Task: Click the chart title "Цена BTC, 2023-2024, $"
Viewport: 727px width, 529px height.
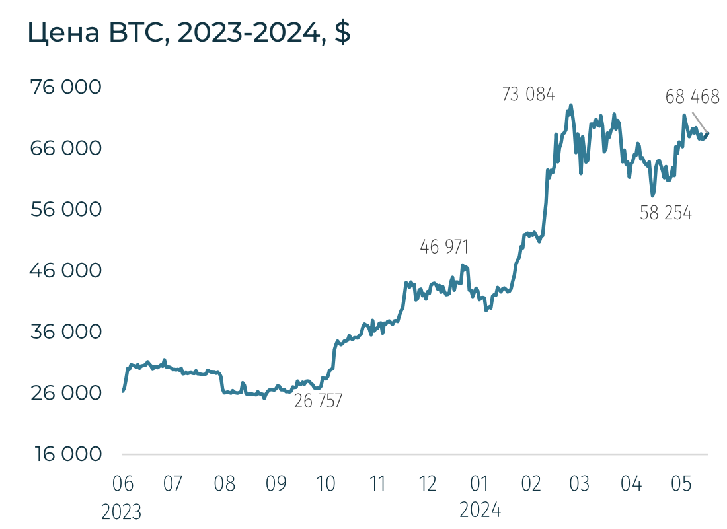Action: tap(189, 33)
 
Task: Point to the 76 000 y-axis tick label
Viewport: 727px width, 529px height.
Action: tap(66, 87)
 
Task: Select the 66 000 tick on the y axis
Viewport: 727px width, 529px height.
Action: tap(66, 148)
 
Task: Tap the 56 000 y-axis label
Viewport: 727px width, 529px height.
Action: tap(66, 209)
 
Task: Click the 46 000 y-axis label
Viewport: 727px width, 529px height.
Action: tap(66, 270)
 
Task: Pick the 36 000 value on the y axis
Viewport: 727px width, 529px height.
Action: tap(66, 332)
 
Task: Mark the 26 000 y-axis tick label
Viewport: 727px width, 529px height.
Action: tap(66, 393)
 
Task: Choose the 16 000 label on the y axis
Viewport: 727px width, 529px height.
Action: tap(66, 454)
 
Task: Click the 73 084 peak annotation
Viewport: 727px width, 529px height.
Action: tap(529, 94)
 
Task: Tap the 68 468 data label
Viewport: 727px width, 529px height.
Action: tap(692, 98)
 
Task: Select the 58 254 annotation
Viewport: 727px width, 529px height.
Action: tap(666, 213)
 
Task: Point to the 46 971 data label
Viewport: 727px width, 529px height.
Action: tap(444, 247)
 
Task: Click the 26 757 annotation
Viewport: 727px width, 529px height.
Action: tap(319, 401)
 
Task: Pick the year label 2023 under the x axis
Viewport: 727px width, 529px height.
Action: tap(122, 511)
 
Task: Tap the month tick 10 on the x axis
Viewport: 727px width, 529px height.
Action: tap(326, 484)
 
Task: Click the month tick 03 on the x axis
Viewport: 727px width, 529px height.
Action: tap(579, 484)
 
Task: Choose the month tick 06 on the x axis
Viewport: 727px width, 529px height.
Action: tap(122, 484)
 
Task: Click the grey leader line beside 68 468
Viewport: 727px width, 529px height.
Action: tap(700, 123)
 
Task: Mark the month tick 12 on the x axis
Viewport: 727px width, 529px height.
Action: tap(428, 484)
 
